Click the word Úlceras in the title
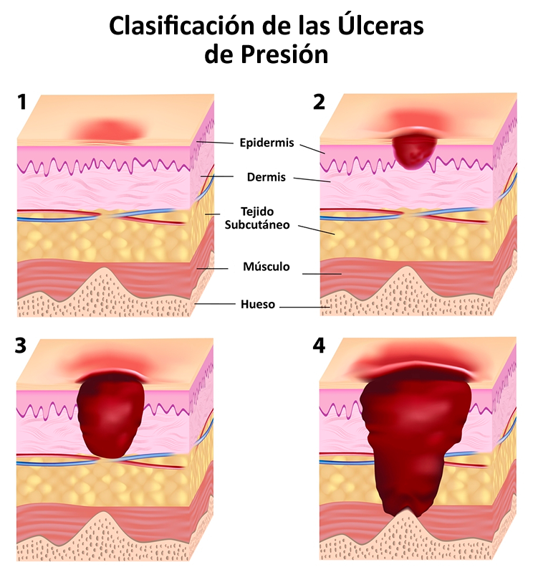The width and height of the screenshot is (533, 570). (379, 26)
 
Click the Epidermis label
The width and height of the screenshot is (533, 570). (266, 143)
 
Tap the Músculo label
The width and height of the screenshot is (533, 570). (266, 267)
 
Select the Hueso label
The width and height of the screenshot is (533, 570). (258, 304)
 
